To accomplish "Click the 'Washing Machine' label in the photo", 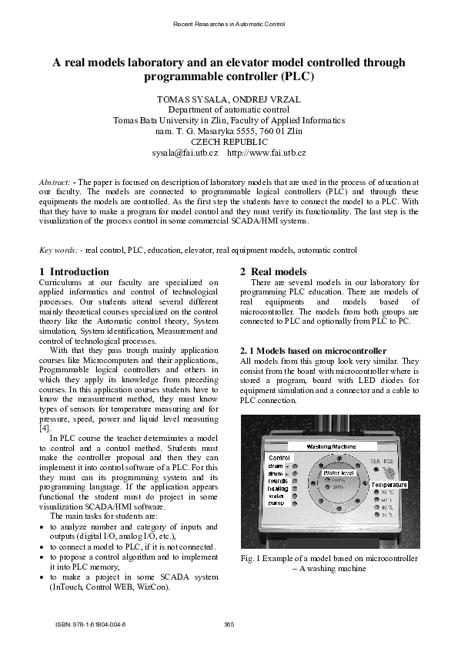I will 330,446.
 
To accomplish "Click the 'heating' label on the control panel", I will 277,489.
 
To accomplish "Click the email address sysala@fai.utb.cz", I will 185,154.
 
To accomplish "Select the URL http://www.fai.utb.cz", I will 266,154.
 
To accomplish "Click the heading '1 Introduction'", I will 74,272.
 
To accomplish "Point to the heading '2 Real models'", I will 273,272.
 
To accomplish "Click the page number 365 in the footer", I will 229,624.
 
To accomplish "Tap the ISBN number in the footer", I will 91,624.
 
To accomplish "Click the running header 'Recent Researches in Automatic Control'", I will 229,25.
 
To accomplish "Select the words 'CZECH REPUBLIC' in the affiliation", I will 229,143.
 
